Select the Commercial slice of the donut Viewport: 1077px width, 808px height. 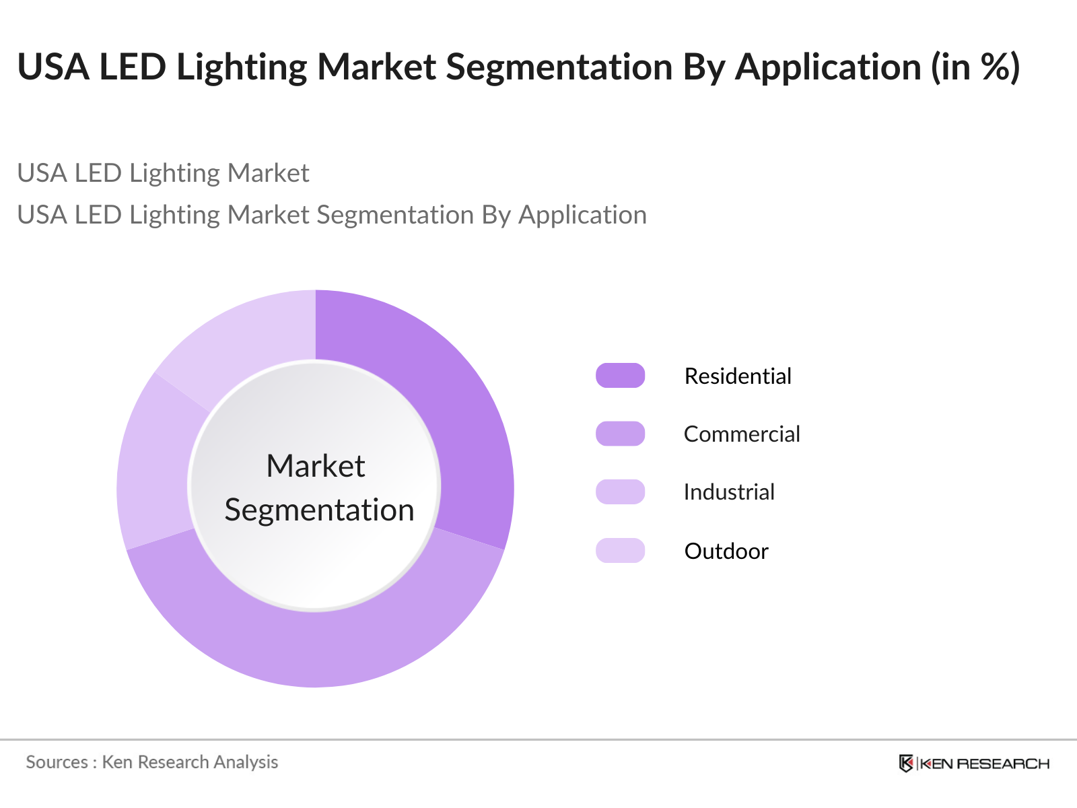(x=316, y=646)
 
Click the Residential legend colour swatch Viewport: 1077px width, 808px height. (x=620, y=376)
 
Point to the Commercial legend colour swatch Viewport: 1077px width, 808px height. (x=620, y=434)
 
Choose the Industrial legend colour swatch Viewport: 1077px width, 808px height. (x=620, y=492)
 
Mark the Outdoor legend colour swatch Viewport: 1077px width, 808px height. (x=620, y=551)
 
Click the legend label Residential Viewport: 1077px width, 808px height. (x=738, y=376)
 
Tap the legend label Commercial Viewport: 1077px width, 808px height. (x=742, y=434)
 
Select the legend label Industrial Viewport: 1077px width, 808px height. (x=729, y=492)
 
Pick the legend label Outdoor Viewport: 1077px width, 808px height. (x=726, y=551)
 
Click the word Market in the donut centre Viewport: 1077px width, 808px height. (x=316, y=466)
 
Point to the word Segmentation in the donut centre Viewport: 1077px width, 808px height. (x=319, y=510)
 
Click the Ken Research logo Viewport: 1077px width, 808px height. (x=974, y=764)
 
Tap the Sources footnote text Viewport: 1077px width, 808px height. (x=152, y=762)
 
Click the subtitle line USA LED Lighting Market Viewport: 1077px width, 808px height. (x=163, y=173)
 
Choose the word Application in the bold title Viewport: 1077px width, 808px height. (x=828, y=68)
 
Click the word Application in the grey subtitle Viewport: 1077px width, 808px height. (x=582, y=215)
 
